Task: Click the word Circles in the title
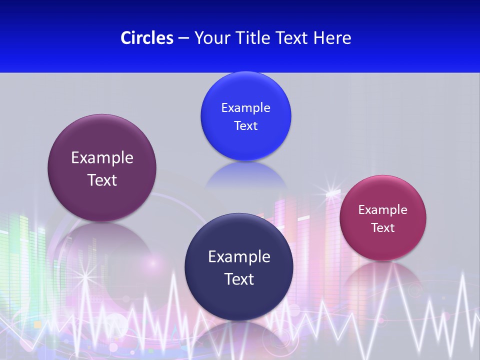tap(147, 38)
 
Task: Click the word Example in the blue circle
tap(245, 108)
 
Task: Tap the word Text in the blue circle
tap(245, 126)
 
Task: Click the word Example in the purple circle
tap(102, 158)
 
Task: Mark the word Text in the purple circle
tap(102, 180)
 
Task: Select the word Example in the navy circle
tap(239, 257)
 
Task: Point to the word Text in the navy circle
tap(239, 279)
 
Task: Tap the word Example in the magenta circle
tap(383, 210)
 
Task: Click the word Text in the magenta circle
tap(383, 228)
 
